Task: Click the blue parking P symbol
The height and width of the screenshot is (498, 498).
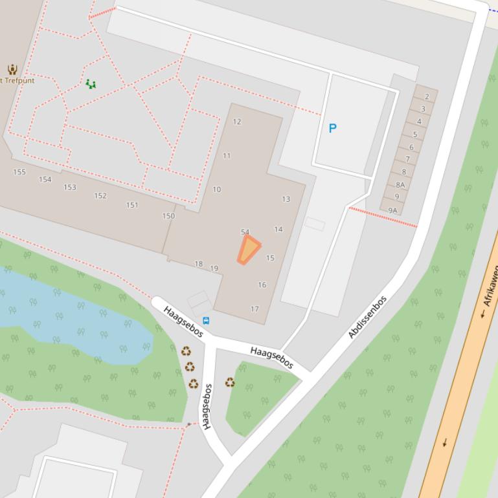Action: coord(332,128)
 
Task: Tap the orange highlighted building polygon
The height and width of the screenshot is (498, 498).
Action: coord(248,250)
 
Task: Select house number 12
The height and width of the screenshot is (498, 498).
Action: coord(237,122)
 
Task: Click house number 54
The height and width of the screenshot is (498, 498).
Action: coord(245,232)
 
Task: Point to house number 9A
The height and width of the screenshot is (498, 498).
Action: coord(392,210)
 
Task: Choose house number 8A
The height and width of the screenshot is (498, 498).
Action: coord(400,185)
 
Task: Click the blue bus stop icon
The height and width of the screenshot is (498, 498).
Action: coord(206,320)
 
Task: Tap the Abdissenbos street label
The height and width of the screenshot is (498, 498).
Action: coord(367,317)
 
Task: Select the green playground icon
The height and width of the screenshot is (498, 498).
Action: coord(91,84)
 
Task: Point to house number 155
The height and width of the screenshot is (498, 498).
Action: coord(19,172)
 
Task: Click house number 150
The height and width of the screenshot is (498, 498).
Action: coord(168,216)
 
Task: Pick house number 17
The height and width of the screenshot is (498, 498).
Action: coord(255,309)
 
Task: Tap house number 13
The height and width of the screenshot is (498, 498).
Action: coord(286,199)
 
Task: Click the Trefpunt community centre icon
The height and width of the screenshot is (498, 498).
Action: coord(12,69)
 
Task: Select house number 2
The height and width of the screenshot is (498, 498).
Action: coord(427,96)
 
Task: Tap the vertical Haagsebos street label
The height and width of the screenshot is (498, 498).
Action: coord(207,406)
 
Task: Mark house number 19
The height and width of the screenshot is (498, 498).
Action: coord(214,268)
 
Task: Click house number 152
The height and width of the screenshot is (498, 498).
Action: coord(100,196)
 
